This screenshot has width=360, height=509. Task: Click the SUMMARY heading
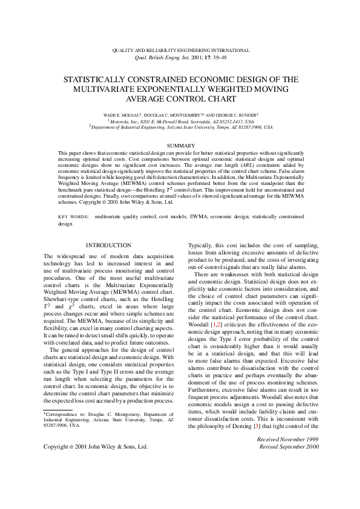(x=180, y=146)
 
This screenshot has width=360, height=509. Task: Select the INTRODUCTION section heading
(x=108, y=245)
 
